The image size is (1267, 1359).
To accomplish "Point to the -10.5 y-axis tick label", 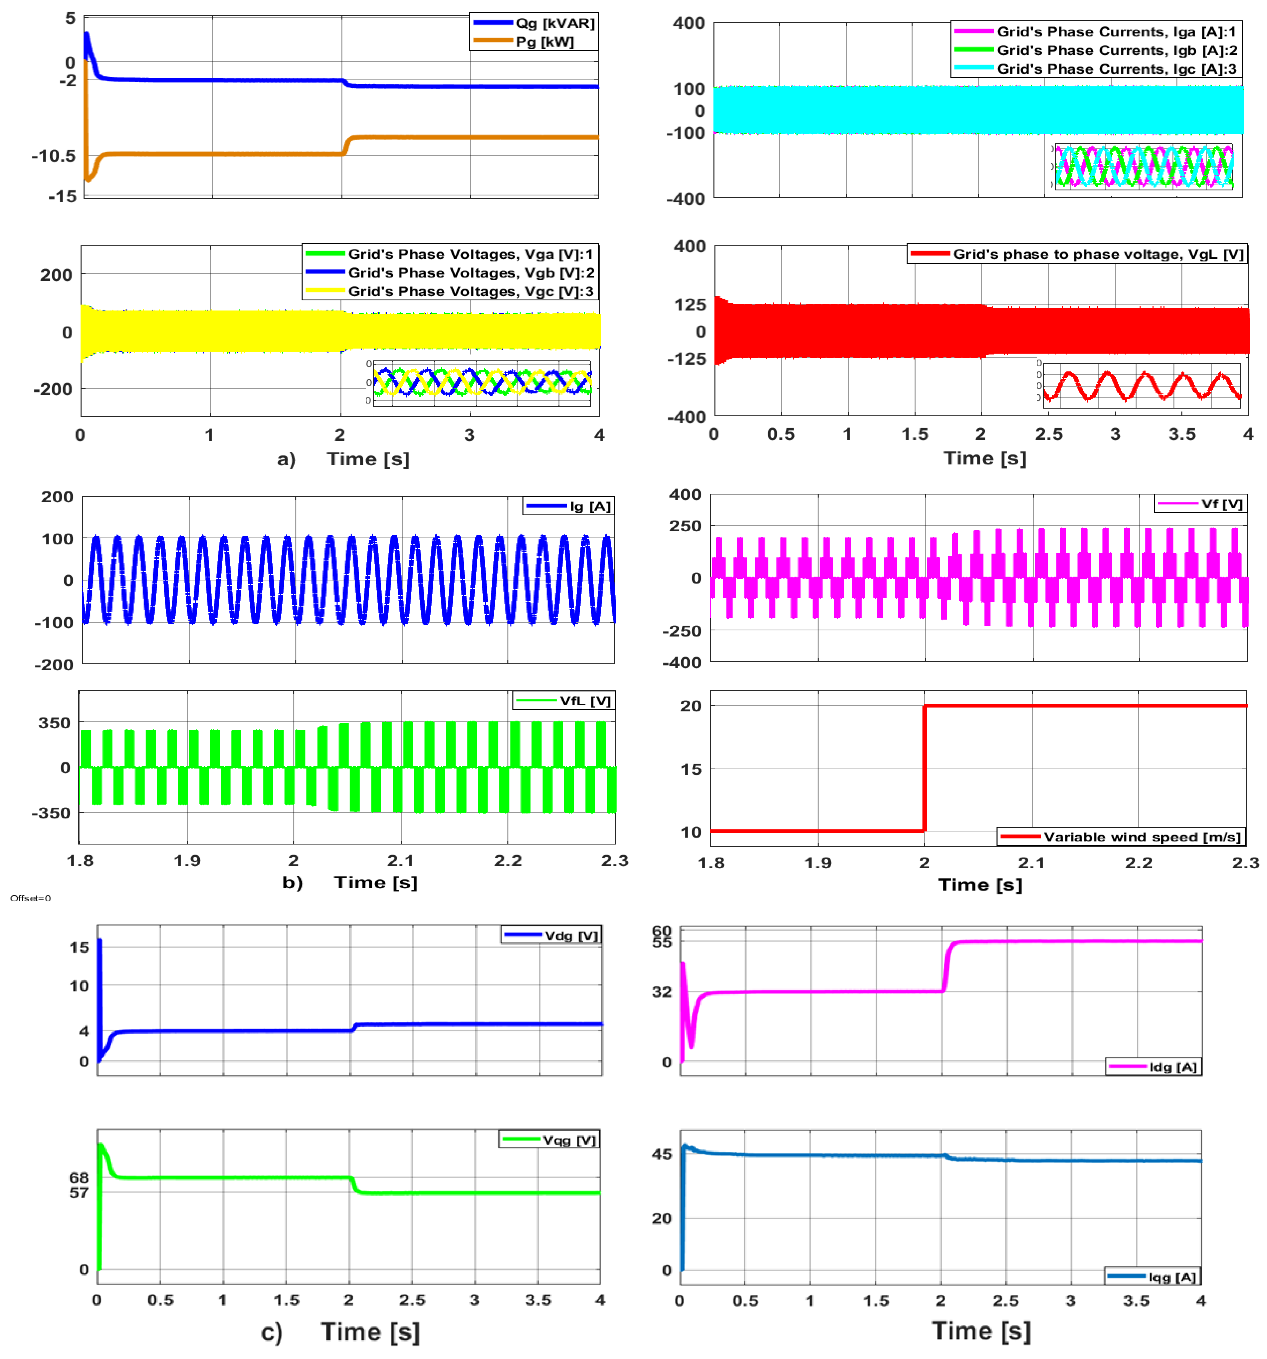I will [53, 156].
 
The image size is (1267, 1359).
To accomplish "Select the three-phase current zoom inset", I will [1143, 166].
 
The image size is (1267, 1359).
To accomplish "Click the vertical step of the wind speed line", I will [924, 769].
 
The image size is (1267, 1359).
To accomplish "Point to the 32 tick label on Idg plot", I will [662, 992].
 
